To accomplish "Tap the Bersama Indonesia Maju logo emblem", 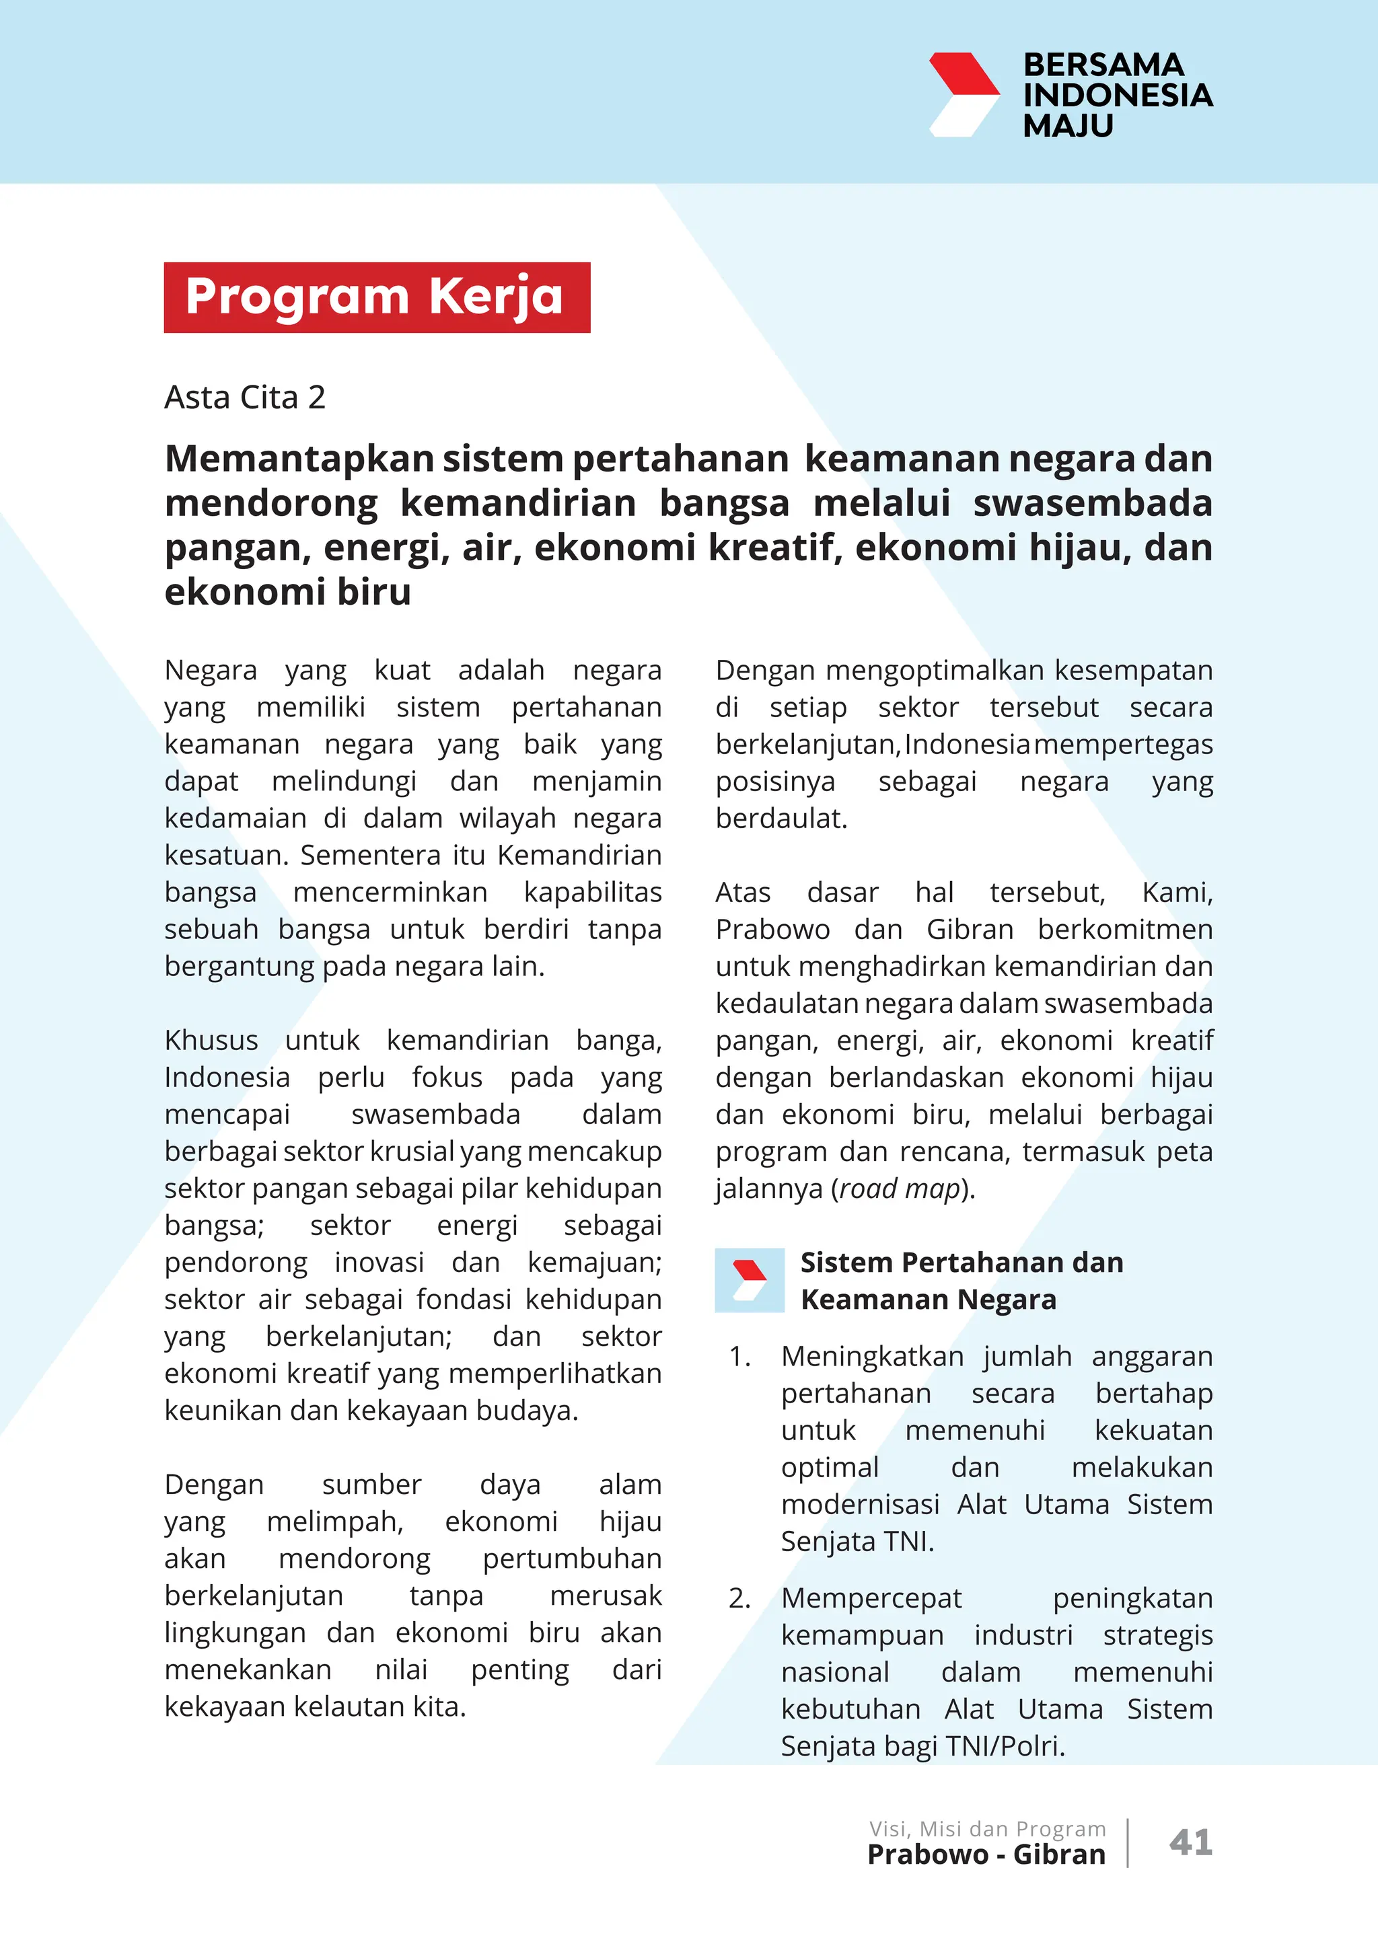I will [x=964, y=94].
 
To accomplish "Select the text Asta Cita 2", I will [x=244, y=397].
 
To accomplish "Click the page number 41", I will [x=1190, y=1842].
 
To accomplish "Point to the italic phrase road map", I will [x=900, y=1189].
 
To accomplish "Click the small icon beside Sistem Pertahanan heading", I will [x=750, y=1280].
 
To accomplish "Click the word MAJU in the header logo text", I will [x=1067, y=126].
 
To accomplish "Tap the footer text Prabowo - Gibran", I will [x=986, y=1855].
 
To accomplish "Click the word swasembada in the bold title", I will [x=1092, y=503].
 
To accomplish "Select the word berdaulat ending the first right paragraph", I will [x=781, y=819].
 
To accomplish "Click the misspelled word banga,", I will [x=618, y=1040].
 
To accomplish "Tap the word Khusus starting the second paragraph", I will [x=211, y=1040].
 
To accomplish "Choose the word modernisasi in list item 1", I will [x=859, y=1504].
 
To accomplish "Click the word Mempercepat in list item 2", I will [x=871, y=1598].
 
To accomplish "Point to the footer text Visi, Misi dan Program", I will [x=987, y=1828].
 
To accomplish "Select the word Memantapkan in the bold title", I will [x=299, y=459].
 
